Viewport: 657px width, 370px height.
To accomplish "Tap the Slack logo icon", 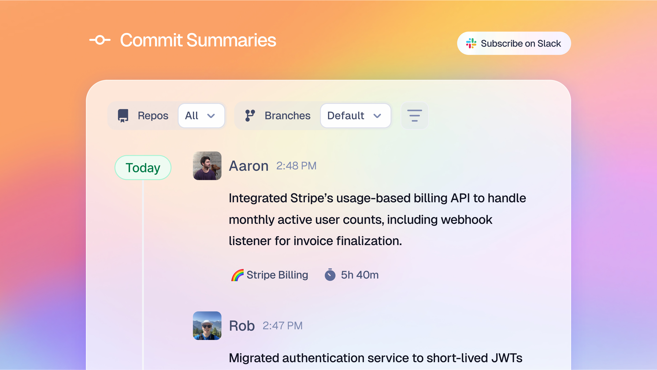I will (471, 43).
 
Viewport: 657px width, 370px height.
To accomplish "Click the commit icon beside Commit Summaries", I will (100, 40).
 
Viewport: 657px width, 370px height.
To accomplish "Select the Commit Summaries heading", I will (198, 40).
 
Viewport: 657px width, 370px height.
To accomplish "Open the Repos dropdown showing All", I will (201, 116).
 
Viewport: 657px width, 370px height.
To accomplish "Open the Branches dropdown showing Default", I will (355, 116).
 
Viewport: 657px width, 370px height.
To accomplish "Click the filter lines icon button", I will (414, 116).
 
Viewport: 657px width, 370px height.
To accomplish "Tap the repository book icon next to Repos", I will (123, 116).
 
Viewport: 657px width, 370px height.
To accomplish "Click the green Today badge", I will (143, 168).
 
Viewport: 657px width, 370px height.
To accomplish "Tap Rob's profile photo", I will (207, 326).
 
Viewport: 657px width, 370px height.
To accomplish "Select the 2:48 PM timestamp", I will (296, 166).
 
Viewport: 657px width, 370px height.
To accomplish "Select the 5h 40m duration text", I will (360, 275).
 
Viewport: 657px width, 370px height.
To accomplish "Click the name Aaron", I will (249, 166).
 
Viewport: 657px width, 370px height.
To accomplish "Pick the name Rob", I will (242, 326).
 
